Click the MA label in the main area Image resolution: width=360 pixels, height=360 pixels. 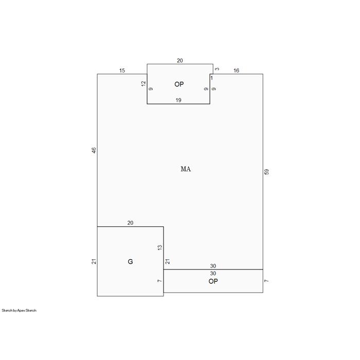click(x=186, y=169)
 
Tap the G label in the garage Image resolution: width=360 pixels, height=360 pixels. click(x=130, y=261)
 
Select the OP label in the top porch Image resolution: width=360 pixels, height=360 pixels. click(x=179, y=84)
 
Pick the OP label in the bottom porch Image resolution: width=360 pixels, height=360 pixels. click(x=213, y=281)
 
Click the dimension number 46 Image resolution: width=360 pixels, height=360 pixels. click(x=94, y=150)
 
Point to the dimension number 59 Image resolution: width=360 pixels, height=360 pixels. click(x=266, y=172)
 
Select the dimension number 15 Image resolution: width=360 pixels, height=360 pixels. click(x=122, y=70)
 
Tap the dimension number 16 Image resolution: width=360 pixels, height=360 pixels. click(x=236, y=70)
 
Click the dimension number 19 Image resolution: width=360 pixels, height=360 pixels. click(x=178, y=100)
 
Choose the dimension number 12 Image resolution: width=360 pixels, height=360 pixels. click(x=143, y=83)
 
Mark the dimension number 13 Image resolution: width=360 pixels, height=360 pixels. click(x=160, y=247)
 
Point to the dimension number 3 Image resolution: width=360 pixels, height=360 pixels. click(x=217, y=69)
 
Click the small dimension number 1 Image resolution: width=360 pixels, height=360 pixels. click(x=212, y=78)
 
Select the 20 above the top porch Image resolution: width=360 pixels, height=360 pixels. click(x=180, y=61)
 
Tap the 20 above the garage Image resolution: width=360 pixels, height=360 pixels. click(x=130, y=223)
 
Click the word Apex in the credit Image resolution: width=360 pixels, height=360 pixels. click(x=21, y=311)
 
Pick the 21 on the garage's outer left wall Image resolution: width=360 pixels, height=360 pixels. click(x=94, y=261)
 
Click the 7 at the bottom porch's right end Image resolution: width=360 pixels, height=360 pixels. click(x=266, y=281)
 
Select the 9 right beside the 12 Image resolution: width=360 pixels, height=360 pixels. click(x=151, y=89)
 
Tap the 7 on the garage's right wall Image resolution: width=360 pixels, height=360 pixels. click(x=160, y=281)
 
